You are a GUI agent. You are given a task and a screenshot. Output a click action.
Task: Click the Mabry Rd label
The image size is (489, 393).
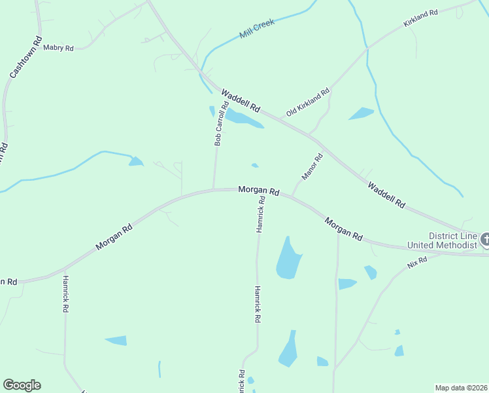[x=59, y=48]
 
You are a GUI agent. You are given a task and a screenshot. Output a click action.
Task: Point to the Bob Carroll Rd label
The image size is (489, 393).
[x=221, y=123]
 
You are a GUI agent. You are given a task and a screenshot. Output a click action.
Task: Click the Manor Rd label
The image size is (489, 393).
[x=312, y=166]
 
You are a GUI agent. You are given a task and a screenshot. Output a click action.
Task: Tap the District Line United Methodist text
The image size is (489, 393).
[x=443, y=240]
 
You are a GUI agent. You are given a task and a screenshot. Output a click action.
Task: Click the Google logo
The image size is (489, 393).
[x=22, y=385]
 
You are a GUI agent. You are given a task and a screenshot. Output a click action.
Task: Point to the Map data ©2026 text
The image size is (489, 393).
[x=461, y=387]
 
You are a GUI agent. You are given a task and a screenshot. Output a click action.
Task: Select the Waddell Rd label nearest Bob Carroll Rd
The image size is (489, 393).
[x=241, y=100]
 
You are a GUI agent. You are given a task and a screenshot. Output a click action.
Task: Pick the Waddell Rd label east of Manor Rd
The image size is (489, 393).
[x=386, y=195]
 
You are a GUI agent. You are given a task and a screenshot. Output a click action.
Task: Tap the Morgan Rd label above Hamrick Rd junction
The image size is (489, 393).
[x=259, y=190]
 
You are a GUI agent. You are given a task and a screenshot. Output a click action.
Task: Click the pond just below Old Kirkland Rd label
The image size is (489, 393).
[x=361, y=113]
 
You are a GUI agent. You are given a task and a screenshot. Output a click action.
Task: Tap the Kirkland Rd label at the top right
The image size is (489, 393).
[x=420, y=18]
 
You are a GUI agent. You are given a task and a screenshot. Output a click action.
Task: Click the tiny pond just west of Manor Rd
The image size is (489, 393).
[x=254, y=165]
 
